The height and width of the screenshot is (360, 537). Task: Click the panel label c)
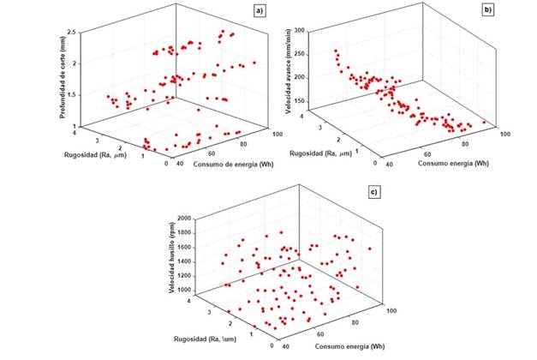(x=373, y=190)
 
